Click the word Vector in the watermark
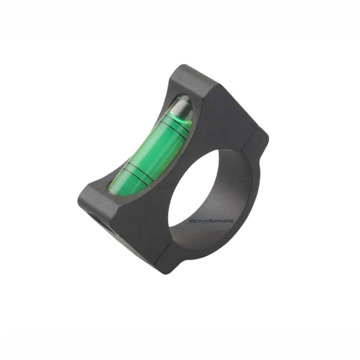point(197,221)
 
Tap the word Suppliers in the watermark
point(220,221)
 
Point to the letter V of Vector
point(190,221)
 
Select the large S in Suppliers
point(207,221)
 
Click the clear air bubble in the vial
point(181,107)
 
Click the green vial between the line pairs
point(156,150)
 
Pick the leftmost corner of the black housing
point(79,195)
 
